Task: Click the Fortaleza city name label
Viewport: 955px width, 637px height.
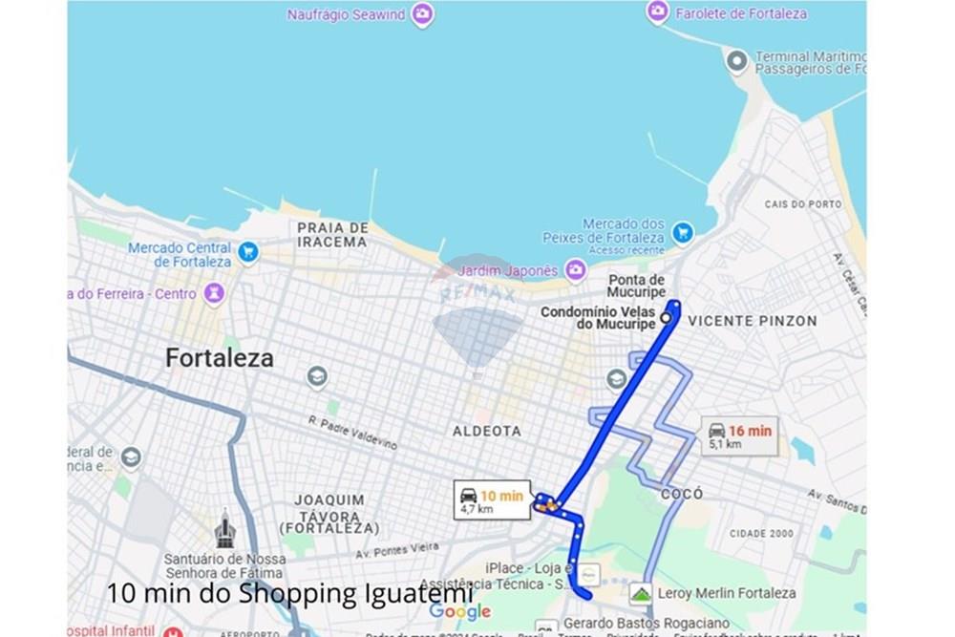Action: coord(219,358)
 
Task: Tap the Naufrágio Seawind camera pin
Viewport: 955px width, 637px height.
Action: coord(422,14)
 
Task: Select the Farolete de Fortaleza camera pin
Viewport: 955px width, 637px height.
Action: coord(657,11)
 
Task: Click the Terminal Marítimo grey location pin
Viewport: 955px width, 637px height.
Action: coord(736,62)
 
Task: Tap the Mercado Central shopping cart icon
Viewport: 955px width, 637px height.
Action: coord(248,252)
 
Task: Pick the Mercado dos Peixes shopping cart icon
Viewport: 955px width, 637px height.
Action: coord(682,232)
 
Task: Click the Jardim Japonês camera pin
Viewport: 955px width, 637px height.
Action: coord(575,270)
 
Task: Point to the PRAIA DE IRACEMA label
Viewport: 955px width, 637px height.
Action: coord(332,235)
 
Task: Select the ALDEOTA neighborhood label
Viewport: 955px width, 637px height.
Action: coord(487,431)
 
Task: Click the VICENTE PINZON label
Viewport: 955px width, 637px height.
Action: coord(753,321)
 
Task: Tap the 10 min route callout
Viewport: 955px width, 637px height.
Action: coord(492,499)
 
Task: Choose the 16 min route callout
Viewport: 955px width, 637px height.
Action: coord(739,435)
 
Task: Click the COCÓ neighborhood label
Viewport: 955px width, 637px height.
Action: coord(682,494)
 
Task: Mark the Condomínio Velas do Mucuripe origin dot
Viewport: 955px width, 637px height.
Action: coord(665,318)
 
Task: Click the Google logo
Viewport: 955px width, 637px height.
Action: coord(459,611)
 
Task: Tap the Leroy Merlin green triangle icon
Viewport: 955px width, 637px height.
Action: coord(641,593)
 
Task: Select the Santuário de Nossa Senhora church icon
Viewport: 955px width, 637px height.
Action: coord(224,531)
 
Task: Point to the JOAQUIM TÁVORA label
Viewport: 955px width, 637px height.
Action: coord(329,514)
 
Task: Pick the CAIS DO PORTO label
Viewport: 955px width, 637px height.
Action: coord(803,204)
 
